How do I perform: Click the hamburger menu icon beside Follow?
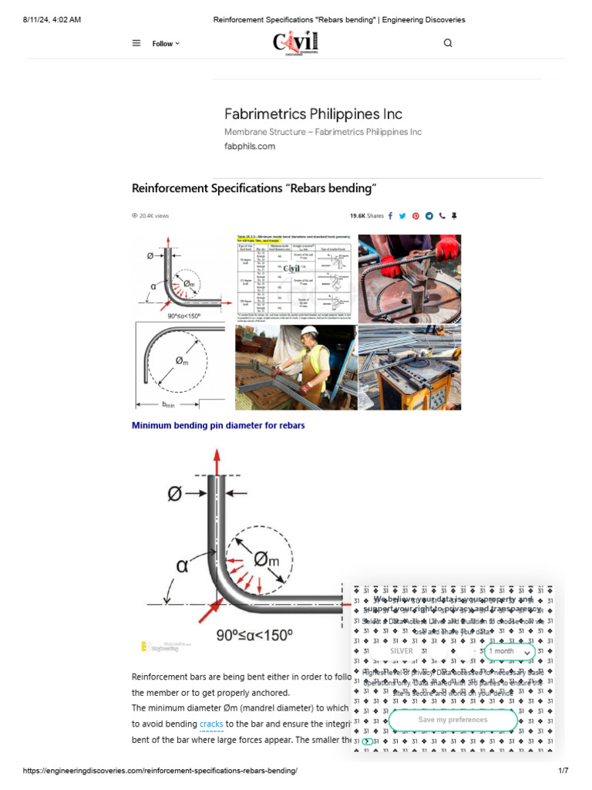136,43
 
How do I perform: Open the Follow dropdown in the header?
166,44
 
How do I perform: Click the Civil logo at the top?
295,42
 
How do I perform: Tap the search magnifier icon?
448,43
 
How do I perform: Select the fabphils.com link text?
249,146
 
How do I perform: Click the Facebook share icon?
390,216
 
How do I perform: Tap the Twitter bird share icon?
402,216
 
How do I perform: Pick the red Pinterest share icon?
415,216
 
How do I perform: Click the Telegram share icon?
429,216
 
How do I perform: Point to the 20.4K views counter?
151,216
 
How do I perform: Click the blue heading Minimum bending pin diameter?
218,425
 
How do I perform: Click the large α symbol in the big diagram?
182,566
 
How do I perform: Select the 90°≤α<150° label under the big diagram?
254,636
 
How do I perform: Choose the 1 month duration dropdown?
509,651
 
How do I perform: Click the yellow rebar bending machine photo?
409,367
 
